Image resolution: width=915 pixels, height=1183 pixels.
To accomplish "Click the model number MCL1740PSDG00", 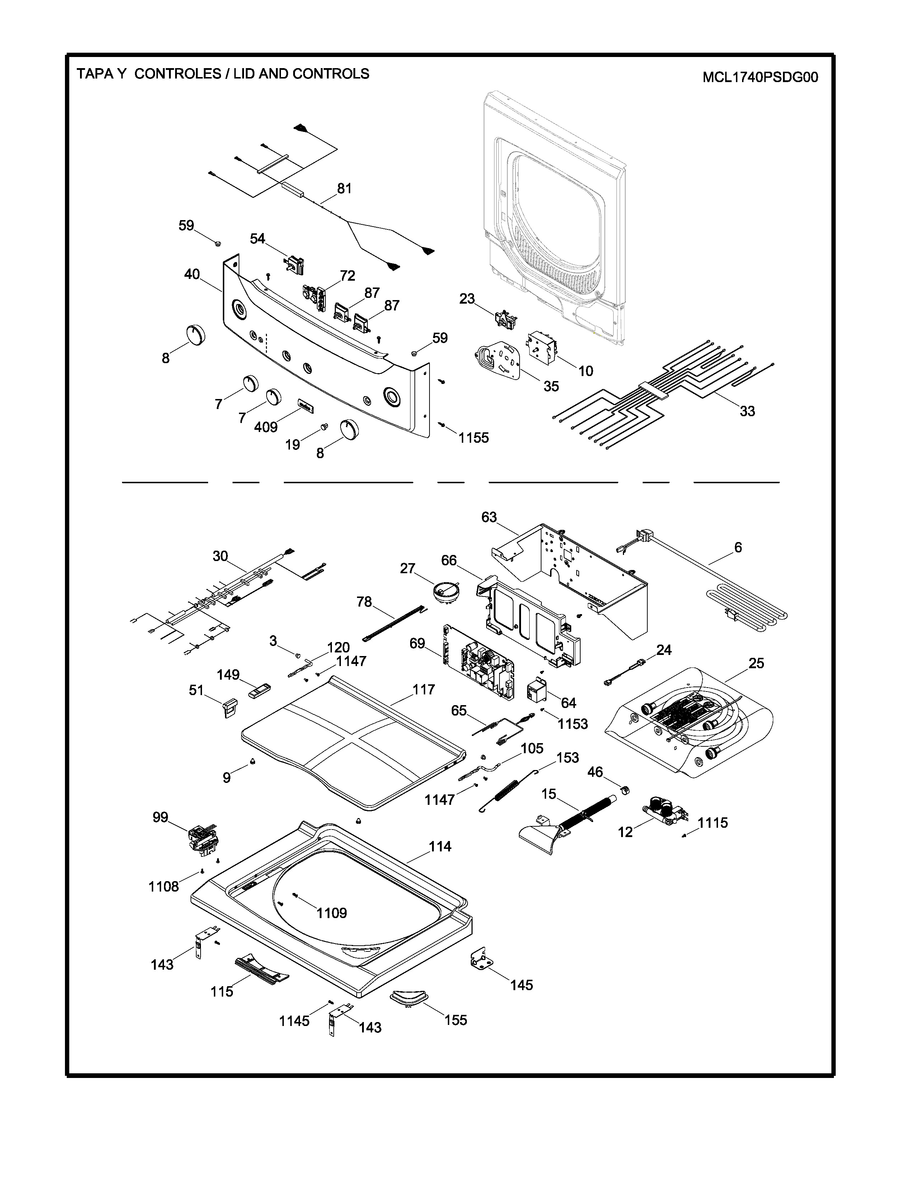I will tap(760, 77).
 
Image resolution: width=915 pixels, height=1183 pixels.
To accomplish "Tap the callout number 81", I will tap(344, 189).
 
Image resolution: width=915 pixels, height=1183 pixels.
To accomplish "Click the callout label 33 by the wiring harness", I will tap(747, 411).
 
